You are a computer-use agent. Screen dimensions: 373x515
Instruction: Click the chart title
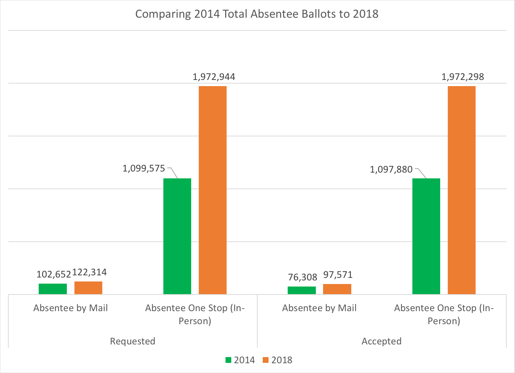pyautogui.click(x=257, y=14)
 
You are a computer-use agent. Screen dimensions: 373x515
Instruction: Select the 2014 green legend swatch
pyautogui.click(x=228, y=360)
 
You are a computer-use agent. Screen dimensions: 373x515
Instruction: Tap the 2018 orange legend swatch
pyautogui.click(x=266, y=360)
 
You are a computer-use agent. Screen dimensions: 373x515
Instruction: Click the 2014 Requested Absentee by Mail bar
pyautogui.click(x=53, y=289)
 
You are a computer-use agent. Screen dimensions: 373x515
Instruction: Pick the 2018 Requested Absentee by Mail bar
pyautogui.click(x=88, y=288)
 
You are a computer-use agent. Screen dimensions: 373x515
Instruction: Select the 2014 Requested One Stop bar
pyautogui.click(x=177, y=236)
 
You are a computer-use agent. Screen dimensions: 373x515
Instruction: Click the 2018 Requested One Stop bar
pyautogui.click(x=213, y=190)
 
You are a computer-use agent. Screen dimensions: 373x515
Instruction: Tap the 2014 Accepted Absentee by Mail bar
pyautogui.click(x=302, y=290)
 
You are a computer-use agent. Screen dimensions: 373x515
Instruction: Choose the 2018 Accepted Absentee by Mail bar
pyautogui.click(x=337, y=289)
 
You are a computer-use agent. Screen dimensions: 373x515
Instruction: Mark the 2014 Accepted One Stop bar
pyautogui.click(x=426, y=236)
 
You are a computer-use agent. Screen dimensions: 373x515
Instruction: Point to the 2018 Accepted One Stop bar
pyautogui.click(x=462, y=190)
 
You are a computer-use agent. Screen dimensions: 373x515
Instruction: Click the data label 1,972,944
pyautogui.click(x=214, y=77)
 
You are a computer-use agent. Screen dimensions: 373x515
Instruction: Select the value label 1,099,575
pyautogui.click(x=144, y=169)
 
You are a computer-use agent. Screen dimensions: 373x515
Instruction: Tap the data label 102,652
pyautogui.click(x=54, y=274)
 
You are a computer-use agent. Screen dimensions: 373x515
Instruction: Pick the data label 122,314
pyautogui.click(x=90, y=272)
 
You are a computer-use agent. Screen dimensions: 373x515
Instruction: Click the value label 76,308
pyautogui.click(x=302, y=277)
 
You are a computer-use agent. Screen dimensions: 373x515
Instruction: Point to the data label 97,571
pyautogui.click(x=338, y=275)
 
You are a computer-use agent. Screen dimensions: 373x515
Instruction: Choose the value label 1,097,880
pyautogui.click(x=391, y=169)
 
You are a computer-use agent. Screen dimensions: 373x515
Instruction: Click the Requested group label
pyautogui.click(x=133, y=341)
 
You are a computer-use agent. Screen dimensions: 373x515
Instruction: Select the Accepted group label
pyautogui.click(x=382, y=341)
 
